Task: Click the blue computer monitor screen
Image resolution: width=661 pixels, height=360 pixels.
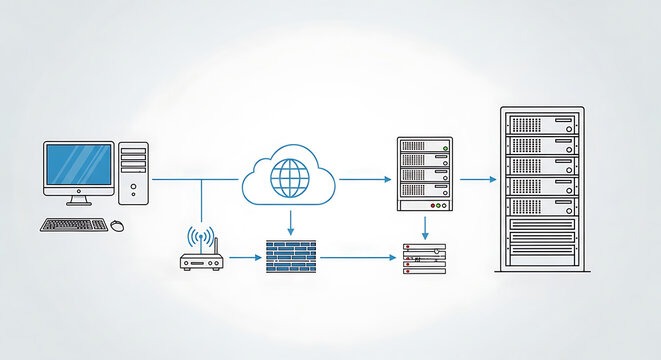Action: (x=78, y=164)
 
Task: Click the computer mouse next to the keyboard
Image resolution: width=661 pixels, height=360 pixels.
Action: (x=117, y=225)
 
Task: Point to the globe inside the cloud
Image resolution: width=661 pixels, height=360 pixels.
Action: (x=289, y=178)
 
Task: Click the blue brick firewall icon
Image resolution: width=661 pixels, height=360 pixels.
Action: (x=291, y=257)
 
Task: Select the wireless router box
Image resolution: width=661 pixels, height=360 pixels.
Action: (x=200, y=263)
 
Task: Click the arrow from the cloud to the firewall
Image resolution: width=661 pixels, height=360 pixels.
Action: (x=290, y=221)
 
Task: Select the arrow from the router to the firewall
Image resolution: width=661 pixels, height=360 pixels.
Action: (x=243, y=258)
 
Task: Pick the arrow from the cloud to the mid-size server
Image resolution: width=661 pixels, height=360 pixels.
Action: (x=364, y=179)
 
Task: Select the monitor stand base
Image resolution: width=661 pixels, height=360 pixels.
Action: (x=78, y=203)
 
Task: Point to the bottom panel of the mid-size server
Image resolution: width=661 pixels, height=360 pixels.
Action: (x=425, y=204)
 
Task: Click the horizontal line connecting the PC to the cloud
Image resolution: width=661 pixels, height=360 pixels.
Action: (x=195, y=179)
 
